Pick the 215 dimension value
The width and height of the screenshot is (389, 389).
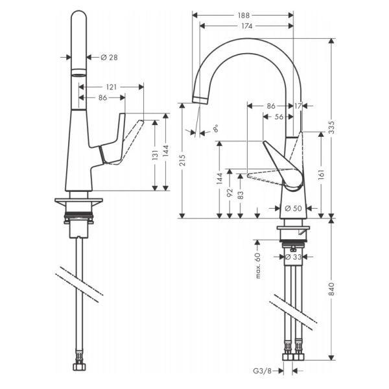click(183, 158)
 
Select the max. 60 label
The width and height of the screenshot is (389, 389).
click(257, 266)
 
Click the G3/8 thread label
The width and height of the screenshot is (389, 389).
click(263, 371)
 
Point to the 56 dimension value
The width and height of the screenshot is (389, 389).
click(278, 117)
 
